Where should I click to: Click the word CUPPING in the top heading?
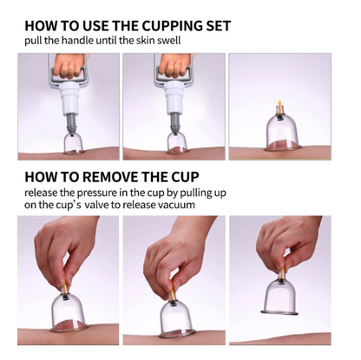170,26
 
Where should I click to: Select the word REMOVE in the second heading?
112,177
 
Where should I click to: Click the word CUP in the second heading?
186,177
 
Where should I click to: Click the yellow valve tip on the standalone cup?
279,103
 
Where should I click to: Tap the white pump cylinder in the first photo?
70,96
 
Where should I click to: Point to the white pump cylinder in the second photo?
175,96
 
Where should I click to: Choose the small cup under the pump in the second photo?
176,141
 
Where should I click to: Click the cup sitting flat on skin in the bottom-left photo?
69,312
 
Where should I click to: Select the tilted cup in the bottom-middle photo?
175,318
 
